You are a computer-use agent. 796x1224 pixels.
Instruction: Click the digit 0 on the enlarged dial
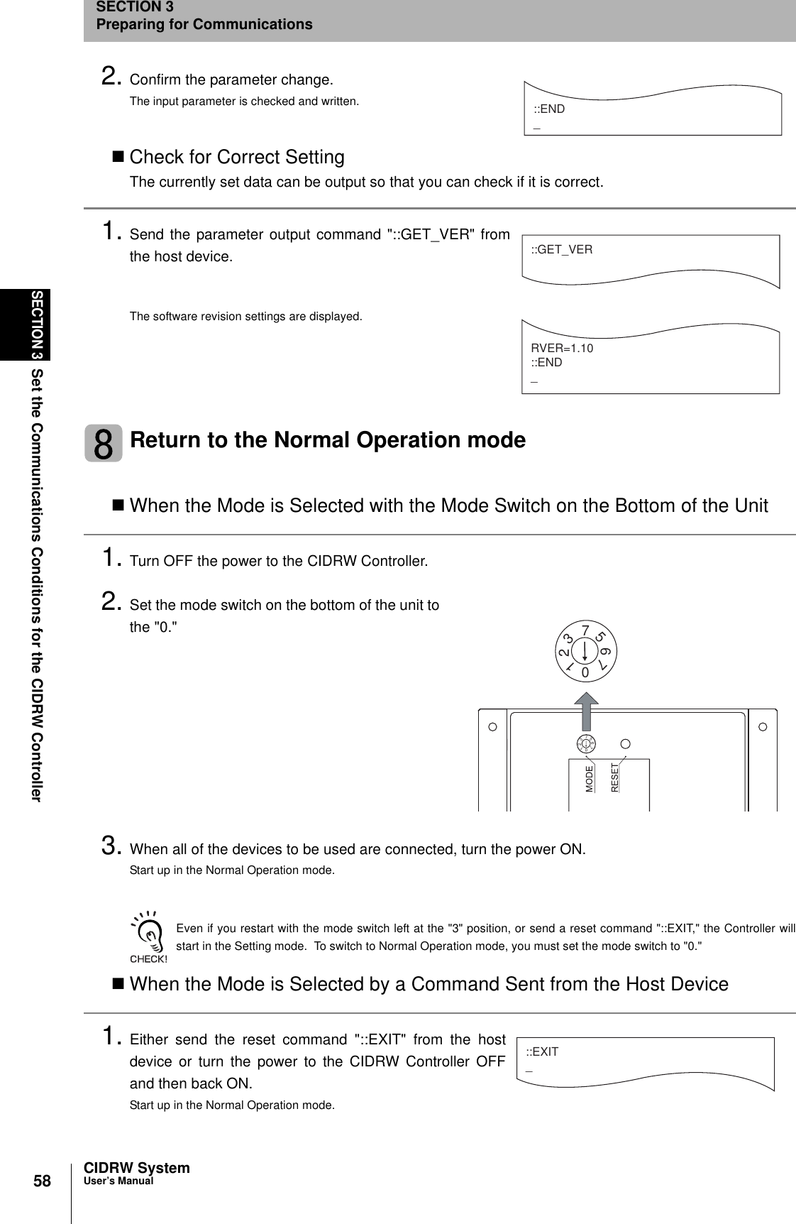pos(585,672)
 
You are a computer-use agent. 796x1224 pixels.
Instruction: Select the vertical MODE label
pos(590,779)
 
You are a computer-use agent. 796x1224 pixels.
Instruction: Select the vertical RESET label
pos(615,777)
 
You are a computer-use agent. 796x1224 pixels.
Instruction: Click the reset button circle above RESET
pos(626,744)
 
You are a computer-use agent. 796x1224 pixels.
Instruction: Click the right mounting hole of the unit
pos(763,727)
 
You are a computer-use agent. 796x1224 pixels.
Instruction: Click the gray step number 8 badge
pos(104,443)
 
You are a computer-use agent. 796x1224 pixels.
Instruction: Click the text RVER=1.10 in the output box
pos(562,349)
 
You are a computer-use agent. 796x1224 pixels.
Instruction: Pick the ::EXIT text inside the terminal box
pos(542,1051)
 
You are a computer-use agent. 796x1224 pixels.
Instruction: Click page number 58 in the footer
pos(43,1181)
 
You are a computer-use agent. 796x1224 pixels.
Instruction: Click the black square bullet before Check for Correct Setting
pos(118,157)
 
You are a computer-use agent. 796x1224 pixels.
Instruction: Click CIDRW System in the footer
pos(137,1168)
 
